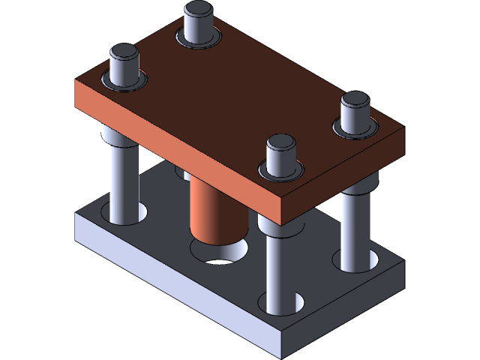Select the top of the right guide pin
355,100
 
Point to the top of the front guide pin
281,142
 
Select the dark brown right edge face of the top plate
345,172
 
